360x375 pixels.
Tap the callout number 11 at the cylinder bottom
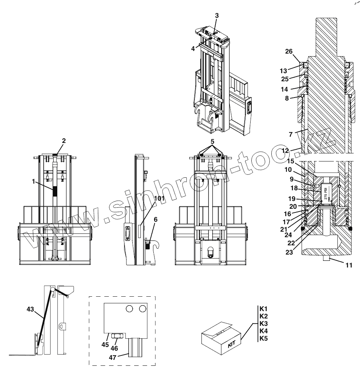point(349,265)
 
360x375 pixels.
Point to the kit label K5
point(264,338)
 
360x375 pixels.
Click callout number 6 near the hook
point(156,219)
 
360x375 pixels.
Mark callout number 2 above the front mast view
point(64,141)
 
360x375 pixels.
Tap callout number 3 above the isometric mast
point(217,16)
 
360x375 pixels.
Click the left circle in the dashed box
point(129,308)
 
